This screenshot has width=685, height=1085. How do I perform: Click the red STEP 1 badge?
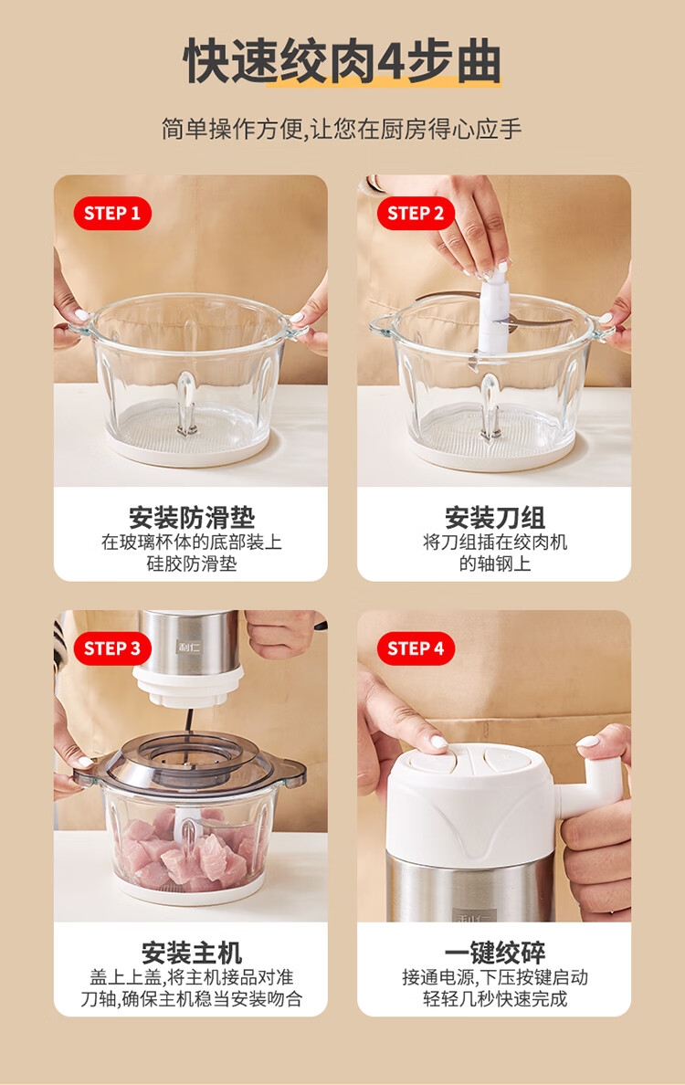point(112,213)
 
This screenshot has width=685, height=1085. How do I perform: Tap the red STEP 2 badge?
point(416,213)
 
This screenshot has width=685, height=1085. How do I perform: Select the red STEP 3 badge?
point(112,648)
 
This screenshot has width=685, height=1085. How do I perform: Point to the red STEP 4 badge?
point(416,648)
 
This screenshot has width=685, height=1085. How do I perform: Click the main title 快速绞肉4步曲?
point(342,61)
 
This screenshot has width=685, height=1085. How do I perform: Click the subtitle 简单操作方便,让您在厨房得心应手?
point(342,129)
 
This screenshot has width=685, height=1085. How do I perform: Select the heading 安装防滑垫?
point(192,518)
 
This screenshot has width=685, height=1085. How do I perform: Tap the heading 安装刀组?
point(495,518)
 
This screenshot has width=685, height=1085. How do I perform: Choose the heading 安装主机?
point(192,953)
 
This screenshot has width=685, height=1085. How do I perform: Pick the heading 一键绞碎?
point(495,953)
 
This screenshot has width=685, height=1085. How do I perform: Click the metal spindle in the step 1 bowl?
point(186,404)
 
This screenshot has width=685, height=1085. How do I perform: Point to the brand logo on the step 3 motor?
point(187,647)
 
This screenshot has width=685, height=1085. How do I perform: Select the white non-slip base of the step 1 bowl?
point(189,449)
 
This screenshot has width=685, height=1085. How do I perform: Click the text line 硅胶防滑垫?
point(192,564)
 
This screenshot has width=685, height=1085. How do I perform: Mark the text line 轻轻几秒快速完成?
point(495,998)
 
